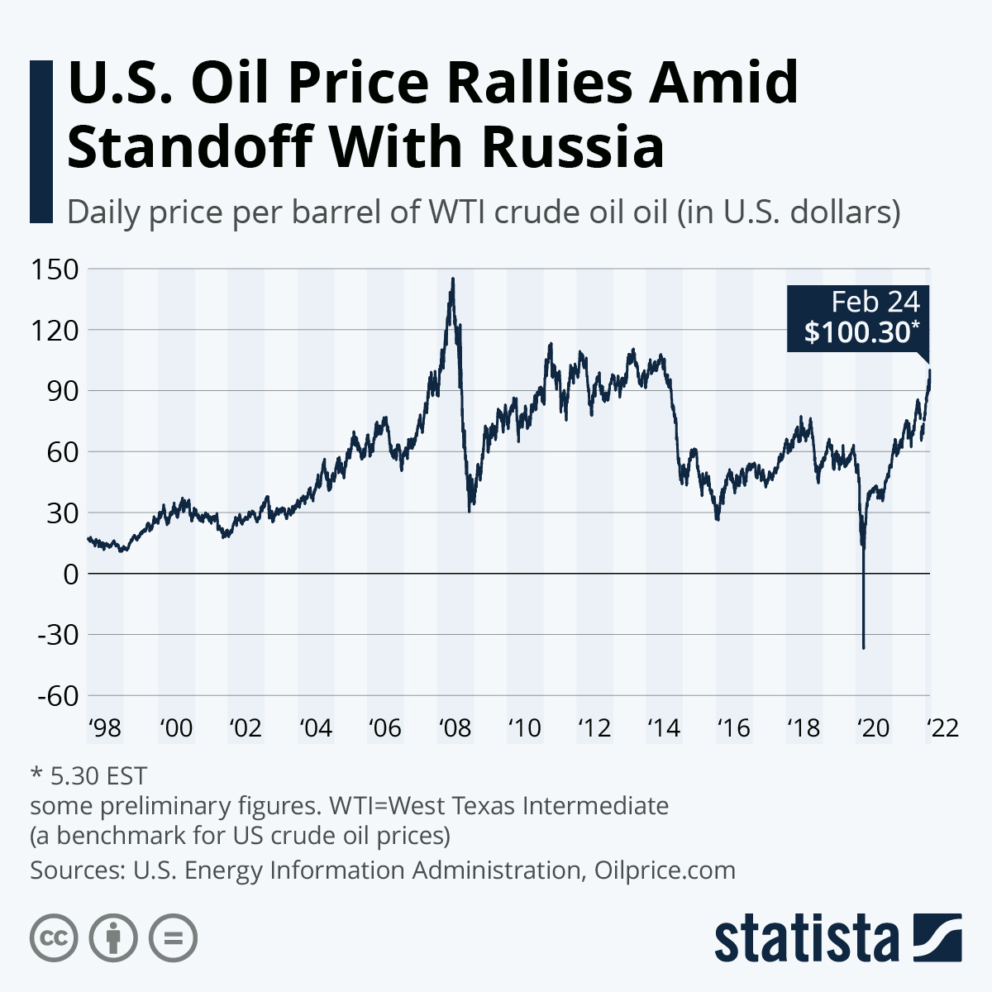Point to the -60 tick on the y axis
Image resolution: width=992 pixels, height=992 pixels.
(x=55, y=696)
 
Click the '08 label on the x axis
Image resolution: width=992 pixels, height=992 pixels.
(x=455, y=728)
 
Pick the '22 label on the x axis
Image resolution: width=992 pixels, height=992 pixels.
(x=942, y=728)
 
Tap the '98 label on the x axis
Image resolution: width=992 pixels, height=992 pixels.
(x=105, y=728)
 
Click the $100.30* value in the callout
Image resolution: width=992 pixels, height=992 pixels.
(x=861, y=332)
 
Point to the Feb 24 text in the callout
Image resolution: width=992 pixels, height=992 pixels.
(x=875, y=302)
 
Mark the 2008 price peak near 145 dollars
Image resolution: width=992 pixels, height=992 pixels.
(x=452, y=279)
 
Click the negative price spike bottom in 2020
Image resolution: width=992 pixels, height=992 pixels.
(x=864, y=647)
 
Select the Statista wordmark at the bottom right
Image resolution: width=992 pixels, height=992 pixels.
(x=807, y=939)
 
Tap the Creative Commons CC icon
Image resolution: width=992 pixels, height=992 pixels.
(x=54, y=938)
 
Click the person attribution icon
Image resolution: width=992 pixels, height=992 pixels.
(x=113, y=938)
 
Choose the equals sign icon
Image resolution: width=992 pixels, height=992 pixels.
(x=173, y=938)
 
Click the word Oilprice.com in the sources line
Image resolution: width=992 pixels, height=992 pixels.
(x=665, y=870)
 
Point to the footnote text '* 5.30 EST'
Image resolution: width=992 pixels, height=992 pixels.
(x=88, y=775)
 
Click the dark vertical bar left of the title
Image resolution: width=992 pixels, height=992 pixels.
(x=41, y=141)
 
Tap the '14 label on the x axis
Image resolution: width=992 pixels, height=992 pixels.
(x=664, y=728)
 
